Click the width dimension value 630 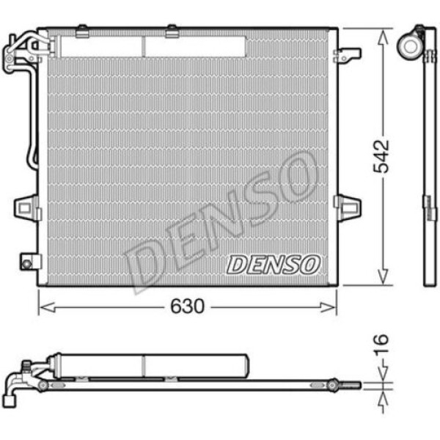(187, 306)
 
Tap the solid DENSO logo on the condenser (273, 264)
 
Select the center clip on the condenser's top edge (171, 30)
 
